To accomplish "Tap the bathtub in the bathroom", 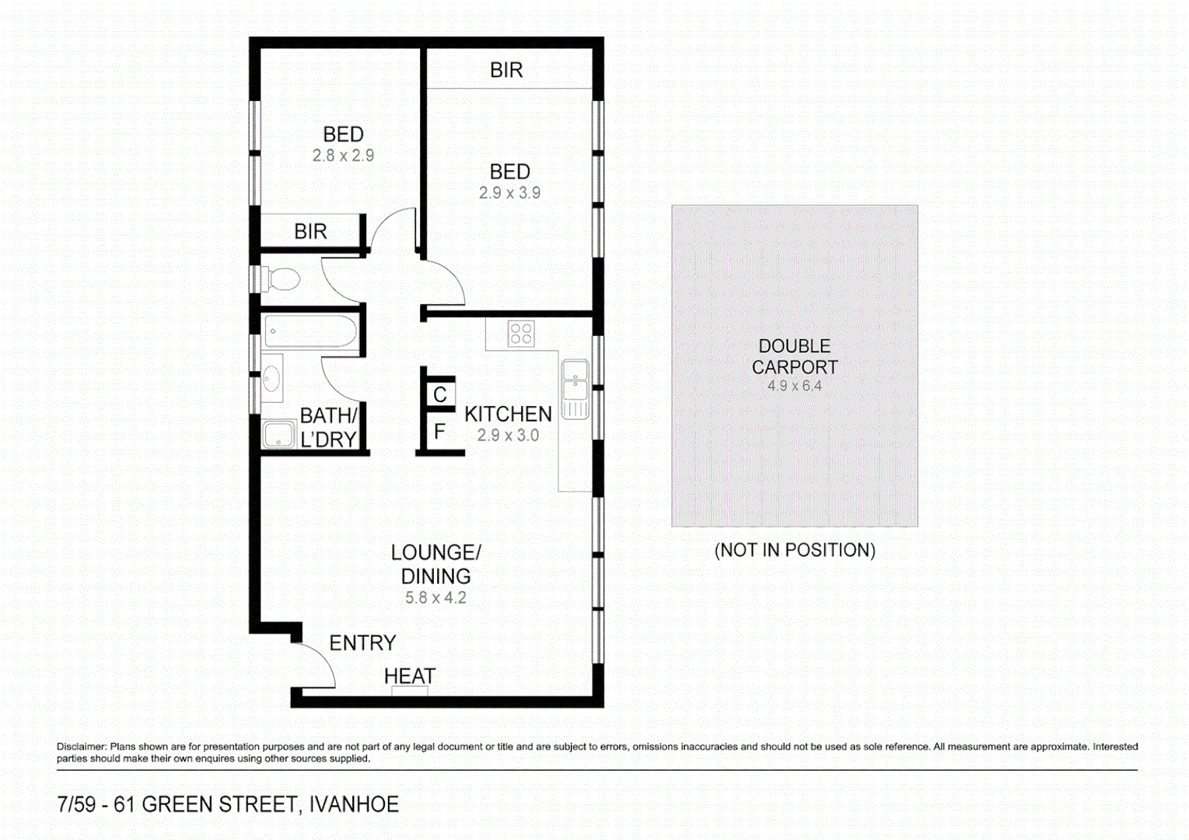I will (x=309, y=332).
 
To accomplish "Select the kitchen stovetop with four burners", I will (x=521, y=334).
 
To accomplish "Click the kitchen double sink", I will (x=575, y=389).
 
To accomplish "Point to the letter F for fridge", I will (x=439, y=432).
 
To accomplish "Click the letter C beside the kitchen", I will (x=440, y=395).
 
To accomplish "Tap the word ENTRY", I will (x=362, y=643).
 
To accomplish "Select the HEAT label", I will (x=410, y=677).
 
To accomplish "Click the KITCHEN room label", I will (x=508, y=415).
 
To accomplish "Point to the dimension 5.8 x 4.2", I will (x=435, y=598).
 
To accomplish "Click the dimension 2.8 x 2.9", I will (x=343, y=156).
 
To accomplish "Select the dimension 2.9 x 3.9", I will (x=509, y=193).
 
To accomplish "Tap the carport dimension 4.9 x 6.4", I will (x=794, y=386).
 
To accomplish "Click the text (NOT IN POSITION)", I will (x=795, y=551).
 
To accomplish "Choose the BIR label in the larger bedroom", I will (x=506, y=71).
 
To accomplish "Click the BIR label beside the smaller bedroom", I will (x=310, y=232).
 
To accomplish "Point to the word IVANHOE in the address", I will (x=354, y=804).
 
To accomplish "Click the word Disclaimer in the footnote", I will (x=81, y=747).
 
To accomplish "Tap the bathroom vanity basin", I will (x=271, y=379).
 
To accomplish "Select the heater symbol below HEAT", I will (x=410, y=691).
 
